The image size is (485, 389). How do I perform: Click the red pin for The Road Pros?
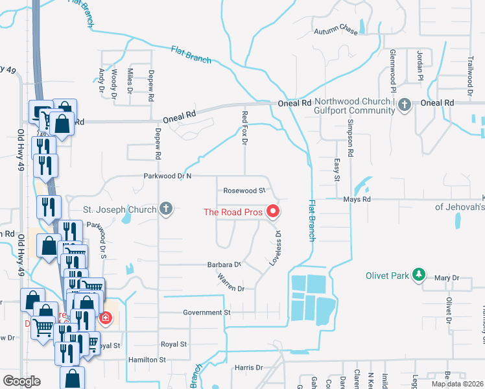coord(273,211)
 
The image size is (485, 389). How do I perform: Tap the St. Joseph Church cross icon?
coord(166,209)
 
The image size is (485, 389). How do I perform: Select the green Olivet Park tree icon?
coord(419,276)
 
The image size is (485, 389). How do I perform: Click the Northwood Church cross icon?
coord(405,104)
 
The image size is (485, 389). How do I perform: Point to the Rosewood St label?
coord(244,191)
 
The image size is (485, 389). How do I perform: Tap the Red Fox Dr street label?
coord(245,127)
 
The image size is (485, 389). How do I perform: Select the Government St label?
coord(207,312)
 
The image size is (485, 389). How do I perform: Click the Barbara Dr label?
coord(224,265)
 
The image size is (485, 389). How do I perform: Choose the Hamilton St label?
coord(145,359)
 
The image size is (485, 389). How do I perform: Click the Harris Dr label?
coord(249,368)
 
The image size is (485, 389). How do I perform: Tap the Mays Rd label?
coord(357,200)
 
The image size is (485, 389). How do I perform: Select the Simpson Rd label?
coord(350,139)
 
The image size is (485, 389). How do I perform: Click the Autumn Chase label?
coord(336,30)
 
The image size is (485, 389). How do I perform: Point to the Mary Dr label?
coord(447,278)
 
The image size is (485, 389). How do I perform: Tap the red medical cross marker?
coord(104,318)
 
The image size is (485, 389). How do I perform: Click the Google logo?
coord(21,381)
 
